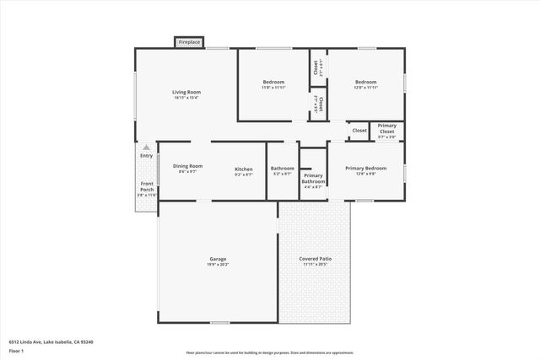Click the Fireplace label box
point(188,41)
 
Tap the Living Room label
point(186,92)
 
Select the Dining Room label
point(187,166)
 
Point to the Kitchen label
point(243,169)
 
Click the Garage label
point(218,258)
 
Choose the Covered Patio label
point(316,258)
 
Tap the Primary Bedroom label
point(365,168)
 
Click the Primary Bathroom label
point(313,178)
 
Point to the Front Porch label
point(147,186)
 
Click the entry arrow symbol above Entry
point(146,148)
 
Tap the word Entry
point(147,155)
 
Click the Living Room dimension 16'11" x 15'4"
point(186,98)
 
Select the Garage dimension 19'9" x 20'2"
point(218,264)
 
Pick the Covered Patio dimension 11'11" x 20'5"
point(316,264)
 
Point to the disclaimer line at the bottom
point(269,353)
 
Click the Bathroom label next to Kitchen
point(283,168)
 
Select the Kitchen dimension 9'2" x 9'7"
point(243,175)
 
